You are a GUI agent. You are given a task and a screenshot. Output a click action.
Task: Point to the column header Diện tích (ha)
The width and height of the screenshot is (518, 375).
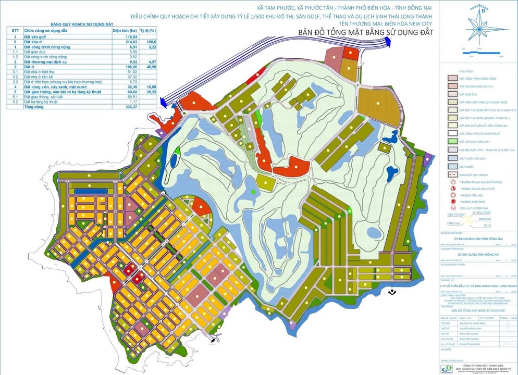(124, 31)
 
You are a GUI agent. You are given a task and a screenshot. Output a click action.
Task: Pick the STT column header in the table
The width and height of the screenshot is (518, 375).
(16, 31)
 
